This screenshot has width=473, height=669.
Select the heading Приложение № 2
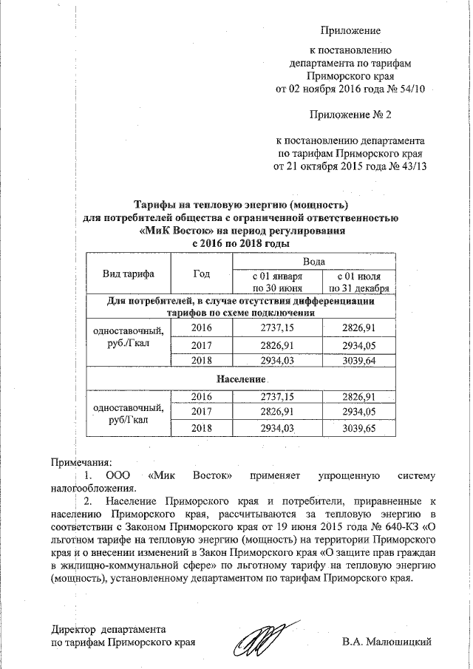click(x=350, y=115)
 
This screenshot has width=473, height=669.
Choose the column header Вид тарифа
click(x=128, y=274)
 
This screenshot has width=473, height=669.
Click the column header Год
click(x=201, y=274)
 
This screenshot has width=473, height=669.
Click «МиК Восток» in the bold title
click(x=174, y=230)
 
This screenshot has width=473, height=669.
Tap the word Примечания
click(x=81, y=461)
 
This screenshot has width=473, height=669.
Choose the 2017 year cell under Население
click(x=201, y=411)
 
